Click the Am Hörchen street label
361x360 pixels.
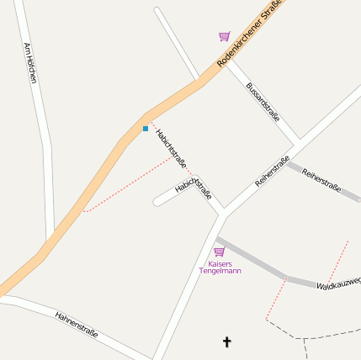click(x=31, y=63)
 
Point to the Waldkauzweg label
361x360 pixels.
click(x=338, y=283)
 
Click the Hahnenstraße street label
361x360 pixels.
click(x=77, y=324)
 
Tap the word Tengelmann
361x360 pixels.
click(x=220, y=271)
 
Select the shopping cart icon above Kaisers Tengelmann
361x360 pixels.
click(x=220, y=251)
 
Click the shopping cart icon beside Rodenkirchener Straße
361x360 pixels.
click(x=224, y=36)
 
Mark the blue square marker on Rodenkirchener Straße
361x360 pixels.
click(x=146, y=129)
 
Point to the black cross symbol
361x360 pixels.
click(x=226, y=341)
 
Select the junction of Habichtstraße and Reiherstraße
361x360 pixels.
click(x=223, y=214)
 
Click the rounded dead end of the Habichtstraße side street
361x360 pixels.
click(x=157, y=202)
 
